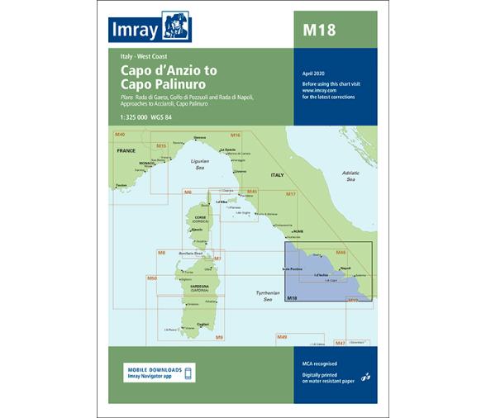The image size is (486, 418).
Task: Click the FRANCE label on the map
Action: tap(126, 151)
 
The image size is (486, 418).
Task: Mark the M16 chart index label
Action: tap(235, 135)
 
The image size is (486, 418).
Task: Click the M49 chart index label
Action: tap(281, 337)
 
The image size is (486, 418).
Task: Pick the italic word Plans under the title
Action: tap(117, 98)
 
